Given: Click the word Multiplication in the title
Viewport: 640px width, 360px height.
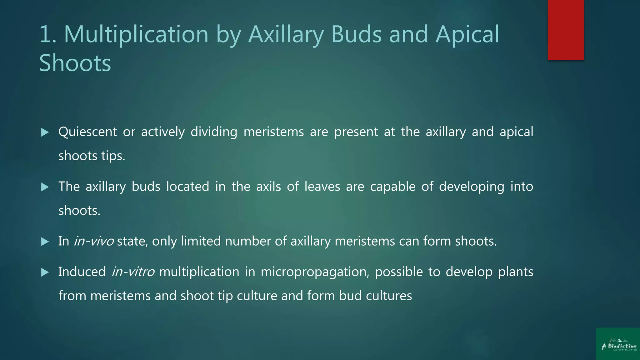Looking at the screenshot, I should point(136,34).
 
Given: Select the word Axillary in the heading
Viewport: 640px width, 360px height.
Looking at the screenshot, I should point(286,34).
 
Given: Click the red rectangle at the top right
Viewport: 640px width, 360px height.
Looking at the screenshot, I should point(566,30).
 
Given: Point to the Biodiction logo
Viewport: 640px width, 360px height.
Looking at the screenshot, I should point(618,345).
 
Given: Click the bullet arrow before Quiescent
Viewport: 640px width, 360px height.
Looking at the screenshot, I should point(45,132).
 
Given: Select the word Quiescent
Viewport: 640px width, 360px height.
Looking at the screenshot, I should point(87,132).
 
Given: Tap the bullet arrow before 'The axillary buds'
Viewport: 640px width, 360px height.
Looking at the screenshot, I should point(45,187).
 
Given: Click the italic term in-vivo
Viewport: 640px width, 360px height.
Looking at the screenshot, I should point(93,241).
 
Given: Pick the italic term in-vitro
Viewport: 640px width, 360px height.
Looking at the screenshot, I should point(133,272).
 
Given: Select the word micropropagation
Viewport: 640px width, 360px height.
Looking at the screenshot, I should point(315,272).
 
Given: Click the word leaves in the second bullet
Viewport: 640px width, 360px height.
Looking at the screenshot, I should point(322,187).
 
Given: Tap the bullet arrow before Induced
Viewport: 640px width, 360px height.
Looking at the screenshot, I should point(45,272).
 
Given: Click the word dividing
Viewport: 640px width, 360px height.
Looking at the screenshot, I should point(214,132).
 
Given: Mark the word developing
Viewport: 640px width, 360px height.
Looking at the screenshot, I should point(471,187).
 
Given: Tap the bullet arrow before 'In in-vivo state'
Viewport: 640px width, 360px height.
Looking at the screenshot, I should point(45,242).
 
